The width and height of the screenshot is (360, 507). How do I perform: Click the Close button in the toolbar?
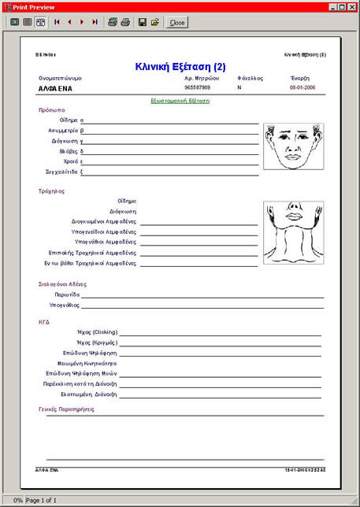tap(176, 23)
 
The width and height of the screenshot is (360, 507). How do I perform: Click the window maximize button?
tap(341, 6)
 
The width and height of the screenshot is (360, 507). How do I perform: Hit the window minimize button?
tap(332, 6)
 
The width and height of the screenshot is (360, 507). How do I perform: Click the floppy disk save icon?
tap(143, 23)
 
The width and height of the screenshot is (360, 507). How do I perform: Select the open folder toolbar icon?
tap(155, 23)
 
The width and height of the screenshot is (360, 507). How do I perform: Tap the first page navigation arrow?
tap(57, 23)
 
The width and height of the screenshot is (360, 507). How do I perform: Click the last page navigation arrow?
tap(95, 23)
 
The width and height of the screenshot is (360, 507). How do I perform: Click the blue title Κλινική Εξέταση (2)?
tap(180, 68)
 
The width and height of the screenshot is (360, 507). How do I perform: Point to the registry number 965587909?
tap(197, 87)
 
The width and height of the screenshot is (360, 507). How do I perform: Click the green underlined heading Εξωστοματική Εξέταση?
tap(180, 102)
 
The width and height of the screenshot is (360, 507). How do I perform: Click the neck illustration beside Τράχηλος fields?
tap(293, 232)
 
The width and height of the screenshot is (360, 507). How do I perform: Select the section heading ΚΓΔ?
tap(44, 322)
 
